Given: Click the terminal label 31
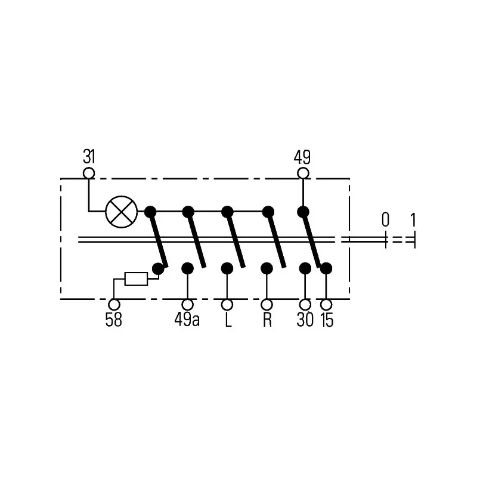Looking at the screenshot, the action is tap(89, 157).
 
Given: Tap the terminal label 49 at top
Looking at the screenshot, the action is tap(302, 157).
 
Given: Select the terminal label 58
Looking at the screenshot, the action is tap(113, 320).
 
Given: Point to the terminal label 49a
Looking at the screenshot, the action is tap(187, 320).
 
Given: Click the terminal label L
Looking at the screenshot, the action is tap(228, 320).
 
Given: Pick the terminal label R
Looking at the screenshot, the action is tap(267, 320).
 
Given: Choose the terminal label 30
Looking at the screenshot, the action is tap(305, 320).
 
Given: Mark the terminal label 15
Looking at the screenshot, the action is tap(327, 320).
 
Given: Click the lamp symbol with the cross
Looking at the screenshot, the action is tap(122, 212).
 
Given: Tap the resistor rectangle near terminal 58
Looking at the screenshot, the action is tap(137, 278).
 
